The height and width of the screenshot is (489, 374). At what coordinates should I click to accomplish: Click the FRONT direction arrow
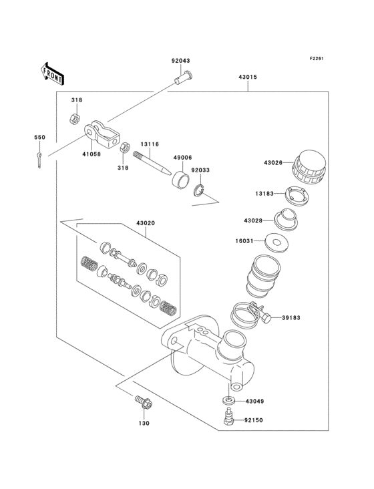click(x=52, y=71)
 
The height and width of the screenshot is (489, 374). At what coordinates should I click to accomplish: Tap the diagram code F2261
click(x=316, y=58)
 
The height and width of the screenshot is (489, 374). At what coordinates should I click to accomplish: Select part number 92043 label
click(x=180, y=61)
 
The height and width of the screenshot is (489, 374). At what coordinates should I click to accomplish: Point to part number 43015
click(x=247, y=77)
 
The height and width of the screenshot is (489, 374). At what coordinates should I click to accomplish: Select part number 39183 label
click(x=291, y=318)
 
